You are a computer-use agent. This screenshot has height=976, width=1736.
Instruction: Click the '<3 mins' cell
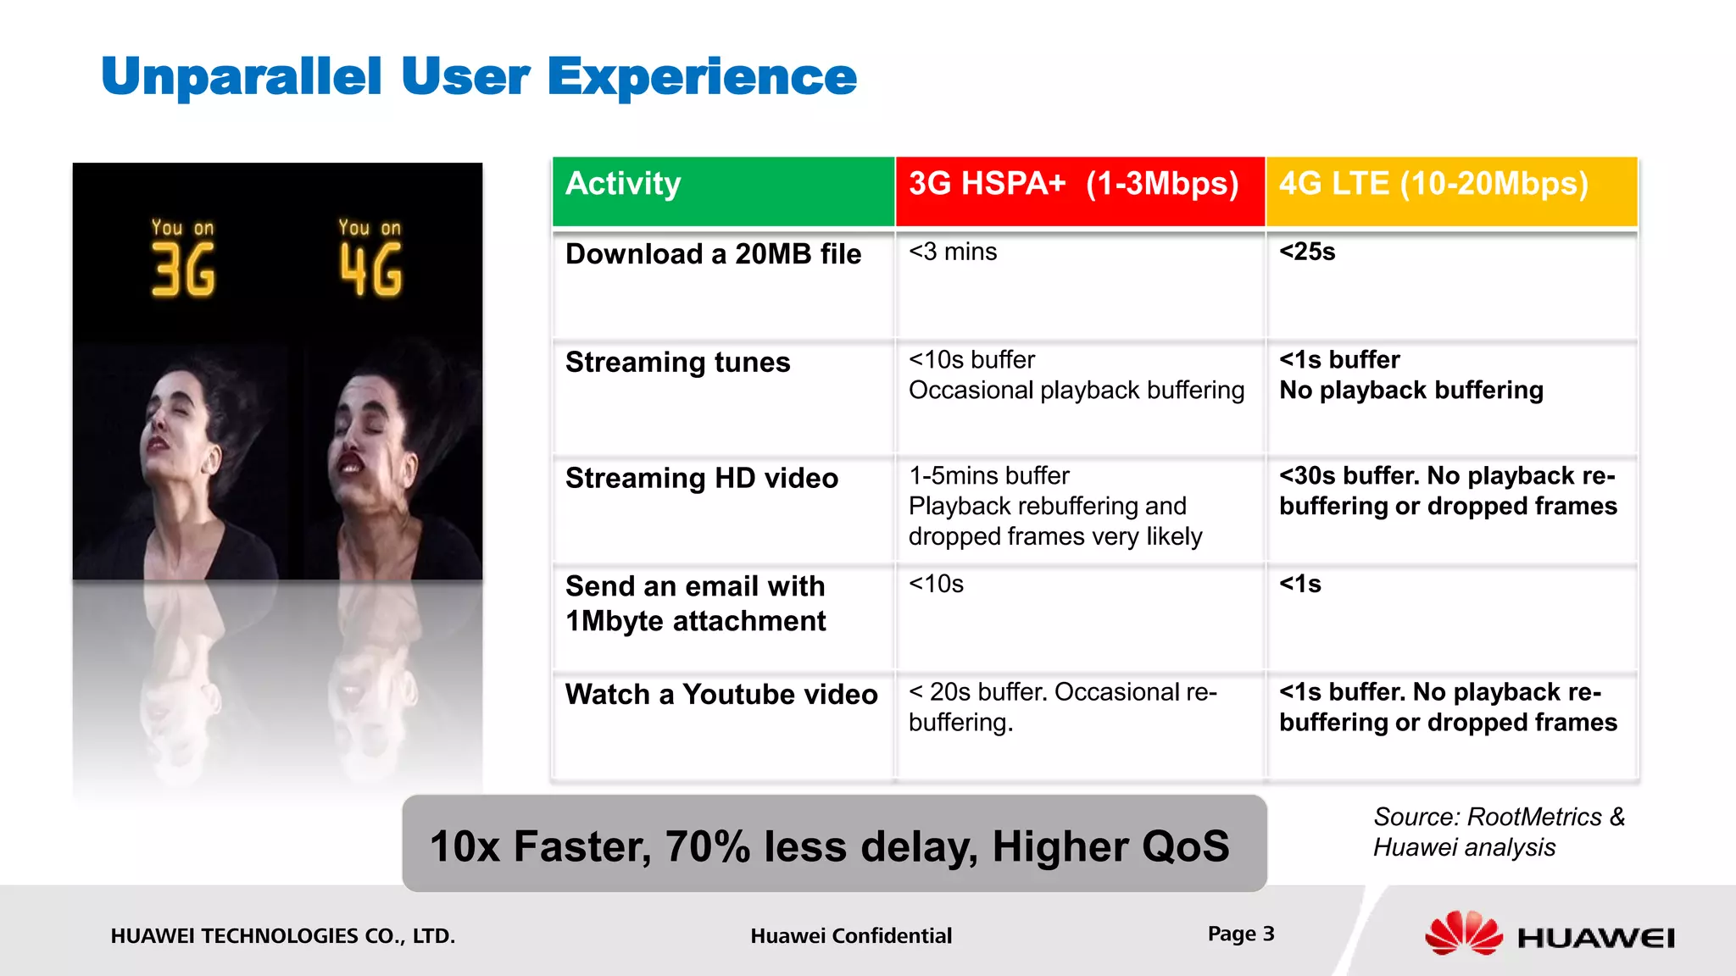pos(953,252)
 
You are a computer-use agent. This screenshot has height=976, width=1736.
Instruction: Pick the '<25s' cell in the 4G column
pos(1307,252)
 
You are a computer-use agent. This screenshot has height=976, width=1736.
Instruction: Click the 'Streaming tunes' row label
pos(677,363)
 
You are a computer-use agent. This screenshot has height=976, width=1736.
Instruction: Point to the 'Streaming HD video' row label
pos(701,479)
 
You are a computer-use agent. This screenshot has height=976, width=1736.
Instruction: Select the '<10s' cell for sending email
pos(936,585)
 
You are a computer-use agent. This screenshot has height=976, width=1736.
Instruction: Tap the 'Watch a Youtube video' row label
pos(721,695)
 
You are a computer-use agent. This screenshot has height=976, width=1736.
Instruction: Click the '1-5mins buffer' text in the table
pos(988,476)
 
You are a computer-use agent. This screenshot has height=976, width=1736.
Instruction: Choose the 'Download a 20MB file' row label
pos(713,254)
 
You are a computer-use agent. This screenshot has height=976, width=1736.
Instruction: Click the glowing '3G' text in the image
pos(183,269)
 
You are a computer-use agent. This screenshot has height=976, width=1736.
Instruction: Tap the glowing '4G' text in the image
pos(371,269)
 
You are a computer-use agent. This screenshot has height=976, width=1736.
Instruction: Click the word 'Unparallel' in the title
pos(242,77)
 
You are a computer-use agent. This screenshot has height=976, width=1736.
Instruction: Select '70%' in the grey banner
pos(707,846)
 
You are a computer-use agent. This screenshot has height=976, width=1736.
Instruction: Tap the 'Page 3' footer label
pos(1240,934)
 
